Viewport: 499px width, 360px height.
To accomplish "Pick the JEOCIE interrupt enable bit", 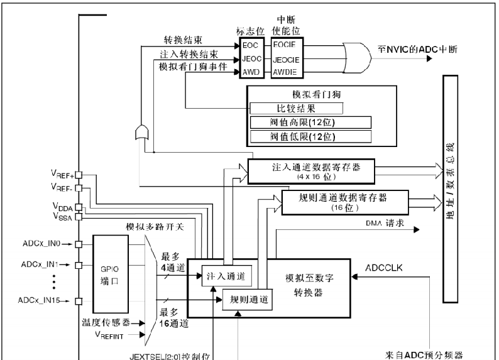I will pos(286,59).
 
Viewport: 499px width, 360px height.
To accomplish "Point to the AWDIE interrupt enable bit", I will pos(286,72).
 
